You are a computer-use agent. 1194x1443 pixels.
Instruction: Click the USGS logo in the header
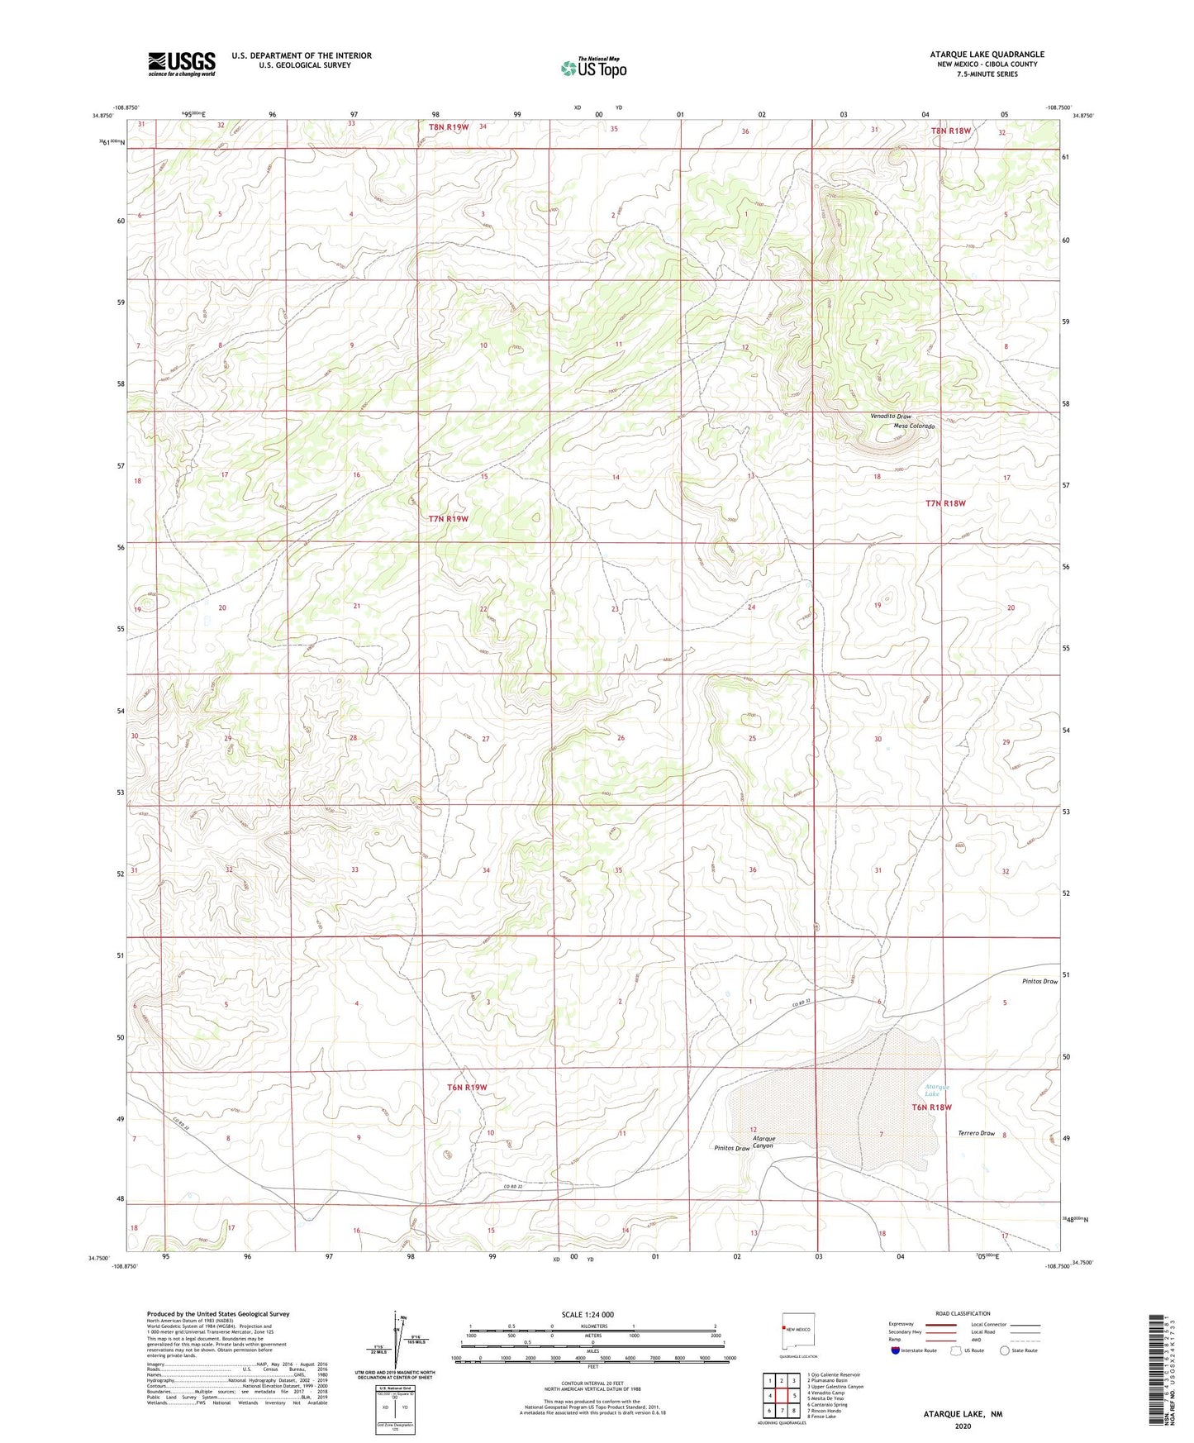[182, 64]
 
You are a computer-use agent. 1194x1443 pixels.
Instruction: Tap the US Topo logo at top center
[593, 68]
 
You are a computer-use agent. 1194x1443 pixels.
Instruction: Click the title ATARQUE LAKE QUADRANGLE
[987, 55]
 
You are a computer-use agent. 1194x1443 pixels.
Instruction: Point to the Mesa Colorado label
[913, 426]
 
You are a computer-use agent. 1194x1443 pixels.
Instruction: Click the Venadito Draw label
[890, 417]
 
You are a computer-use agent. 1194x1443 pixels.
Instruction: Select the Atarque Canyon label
[763, 1142]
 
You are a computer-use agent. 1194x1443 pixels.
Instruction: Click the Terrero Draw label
[976, 1133]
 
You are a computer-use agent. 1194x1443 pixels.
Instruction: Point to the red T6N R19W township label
[467, 1088]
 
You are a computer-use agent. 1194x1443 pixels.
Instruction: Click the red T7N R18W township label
[945, 502]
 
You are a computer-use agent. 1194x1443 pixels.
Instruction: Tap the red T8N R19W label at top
[449, 126]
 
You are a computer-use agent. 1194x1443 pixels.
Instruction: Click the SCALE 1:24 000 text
[587, 1314]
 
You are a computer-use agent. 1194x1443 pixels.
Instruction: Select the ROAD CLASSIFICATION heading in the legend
[963, 1313]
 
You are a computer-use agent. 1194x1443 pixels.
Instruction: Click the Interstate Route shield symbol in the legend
[896, 1350]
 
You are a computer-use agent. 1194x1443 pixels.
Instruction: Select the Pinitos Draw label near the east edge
[1038, 981]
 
